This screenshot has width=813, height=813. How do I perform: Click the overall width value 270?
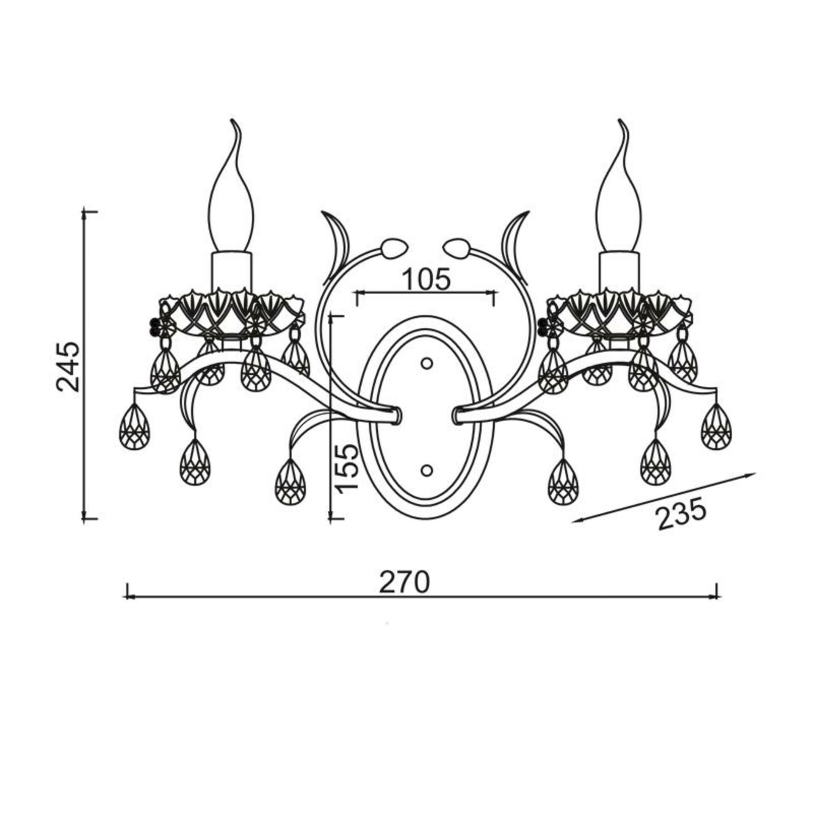click(x=404, y=582)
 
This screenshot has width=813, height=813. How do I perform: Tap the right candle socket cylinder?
click(x=619, y=271)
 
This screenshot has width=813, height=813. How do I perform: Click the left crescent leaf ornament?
click(x=337, y=246)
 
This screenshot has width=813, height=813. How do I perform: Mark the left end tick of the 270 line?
click(x=126, y=596)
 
